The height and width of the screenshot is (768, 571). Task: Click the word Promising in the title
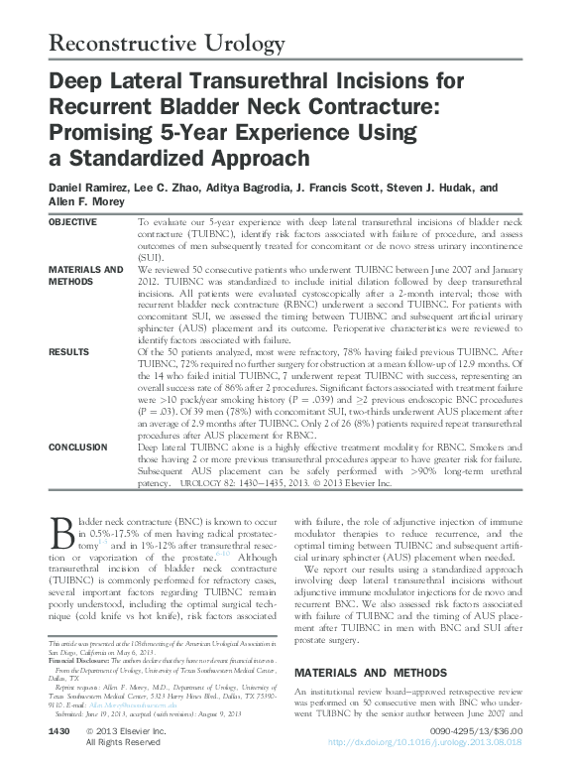pyautogui.click(x=104, y=133)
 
